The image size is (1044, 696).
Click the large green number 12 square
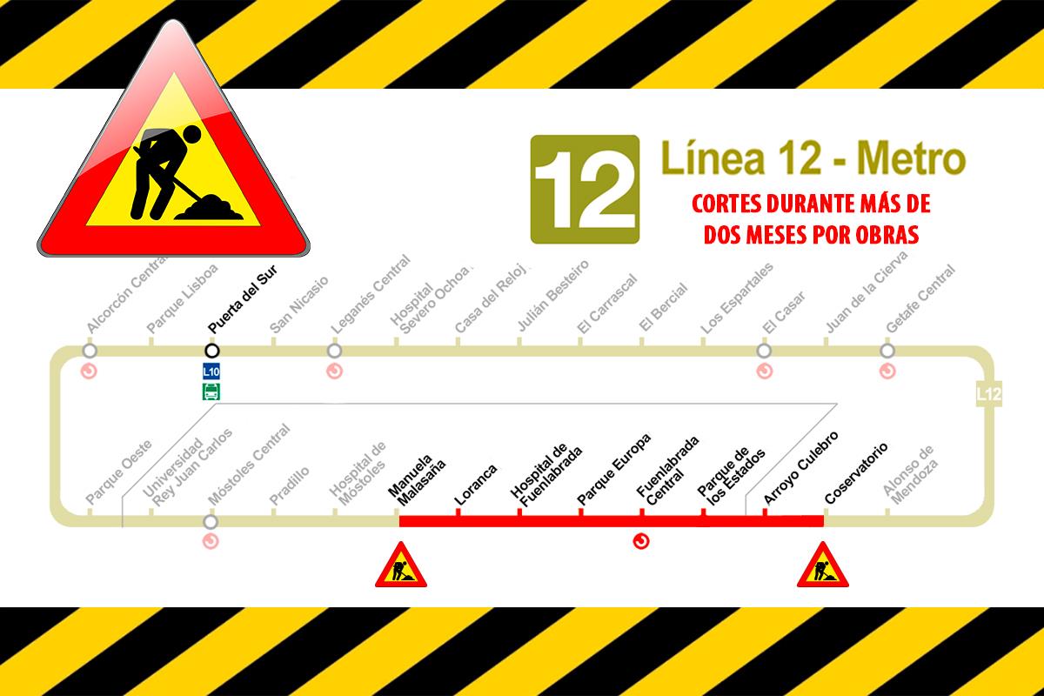click(x=585, y=188)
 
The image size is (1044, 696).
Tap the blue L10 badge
click(x=211, y=371)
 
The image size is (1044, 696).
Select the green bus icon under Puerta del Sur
click(x=211, y=391)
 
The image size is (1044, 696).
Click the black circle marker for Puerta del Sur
click(x=211, y=351)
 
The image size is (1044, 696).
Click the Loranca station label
click(x=476, y=485)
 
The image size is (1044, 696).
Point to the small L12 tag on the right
click(x=989, y=394)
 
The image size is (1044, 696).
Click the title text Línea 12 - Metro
click(x=813, y=160)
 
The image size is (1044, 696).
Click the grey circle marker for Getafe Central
click(x=887, y=351)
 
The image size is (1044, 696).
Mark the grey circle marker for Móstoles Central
click(x=211, y=522)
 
